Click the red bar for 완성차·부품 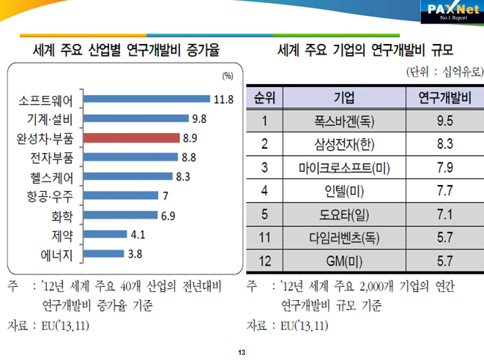coord(132,138)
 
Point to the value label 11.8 coord(223,99)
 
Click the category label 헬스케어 coord(53,176)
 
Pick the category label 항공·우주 coord(53,196)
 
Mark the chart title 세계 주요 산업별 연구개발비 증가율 coord(127,51)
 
